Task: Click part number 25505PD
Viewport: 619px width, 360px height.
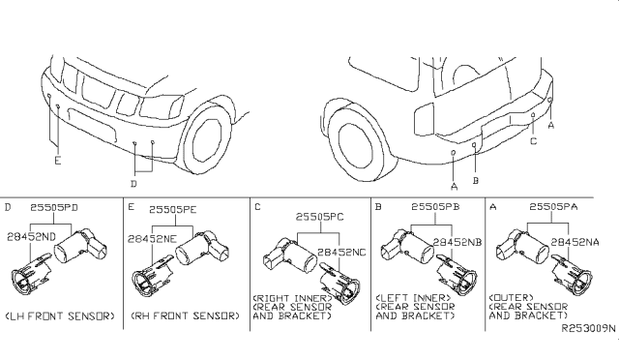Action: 54,207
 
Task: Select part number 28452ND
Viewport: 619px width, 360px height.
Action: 32,237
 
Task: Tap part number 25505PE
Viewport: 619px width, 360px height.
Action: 172,209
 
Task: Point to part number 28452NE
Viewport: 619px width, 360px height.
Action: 152,239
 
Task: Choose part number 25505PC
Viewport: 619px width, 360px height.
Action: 320,217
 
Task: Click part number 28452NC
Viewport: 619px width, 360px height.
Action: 341,253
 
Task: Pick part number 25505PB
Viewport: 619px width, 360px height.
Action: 435,207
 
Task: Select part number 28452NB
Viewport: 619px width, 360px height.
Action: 457,242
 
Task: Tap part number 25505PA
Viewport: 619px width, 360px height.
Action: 553,207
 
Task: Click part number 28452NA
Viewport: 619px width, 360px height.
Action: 575,242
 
